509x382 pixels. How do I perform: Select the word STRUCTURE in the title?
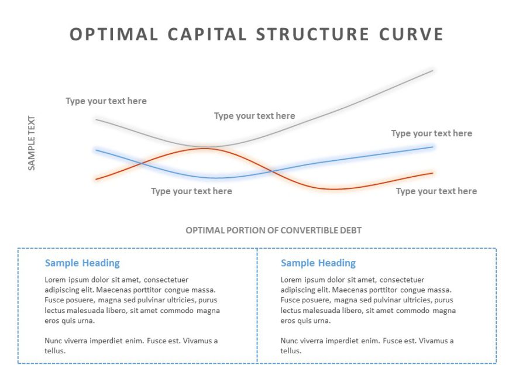click(312, 34)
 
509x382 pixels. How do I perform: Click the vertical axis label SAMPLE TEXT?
click(32, 143)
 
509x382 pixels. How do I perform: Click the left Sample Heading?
click(82, 263)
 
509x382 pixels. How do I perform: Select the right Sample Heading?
click(318, 263)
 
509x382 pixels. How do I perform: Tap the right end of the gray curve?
click(433, 71)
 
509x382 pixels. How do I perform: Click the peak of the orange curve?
click(204, 148)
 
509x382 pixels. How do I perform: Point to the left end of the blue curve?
click(96, 150)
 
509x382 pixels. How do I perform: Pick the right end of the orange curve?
click(432, 173)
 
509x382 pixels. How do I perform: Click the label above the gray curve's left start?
click(106, 101)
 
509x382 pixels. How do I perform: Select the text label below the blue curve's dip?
click(191, 191)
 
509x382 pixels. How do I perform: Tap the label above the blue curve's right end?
click(431, 133)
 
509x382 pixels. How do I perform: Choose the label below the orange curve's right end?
click(436, 191)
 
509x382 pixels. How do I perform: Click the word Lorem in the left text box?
click(56, 280)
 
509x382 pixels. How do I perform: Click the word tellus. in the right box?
click(291, 351)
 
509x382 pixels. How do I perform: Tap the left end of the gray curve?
click(97, 119)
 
